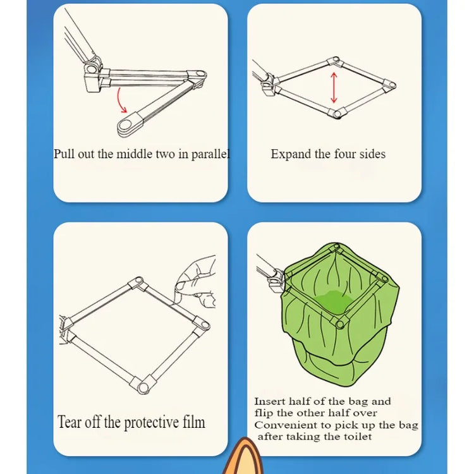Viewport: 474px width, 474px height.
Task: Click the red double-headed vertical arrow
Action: tap(334, 88)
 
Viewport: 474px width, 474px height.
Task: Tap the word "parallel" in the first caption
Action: tap(210, 154)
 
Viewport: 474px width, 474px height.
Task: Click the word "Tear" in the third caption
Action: tap(70, 422)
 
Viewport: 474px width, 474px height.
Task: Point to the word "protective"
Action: tap(152, 423)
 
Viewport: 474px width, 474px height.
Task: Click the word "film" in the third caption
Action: tap(194, 422)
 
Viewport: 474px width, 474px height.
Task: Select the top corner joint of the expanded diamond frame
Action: tap(335, 61)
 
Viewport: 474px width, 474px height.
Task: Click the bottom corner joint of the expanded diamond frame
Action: tap(337, 113)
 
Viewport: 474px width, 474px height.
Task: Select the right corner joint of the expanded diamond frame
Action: tap(389, 85)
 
